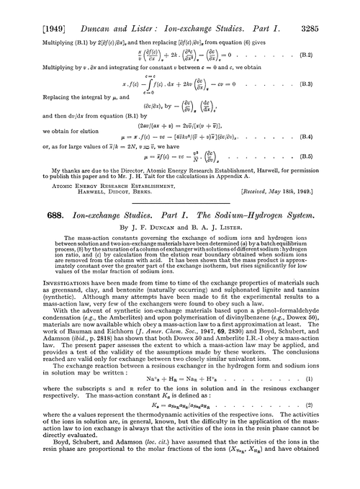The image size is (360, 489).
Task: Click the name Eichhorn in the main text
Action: coord(109,351)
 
